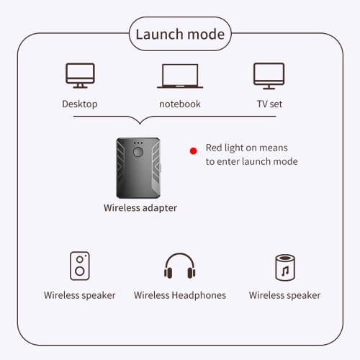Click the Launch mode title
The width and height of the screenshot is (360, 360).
tap(180, 34)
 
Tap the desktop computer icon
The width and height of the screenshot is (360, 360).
tap(80, 76)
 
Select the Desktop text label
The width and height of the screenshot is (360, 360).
tap(80, 104)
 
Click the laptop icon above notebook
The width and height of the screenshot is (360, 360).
tap(180, 76)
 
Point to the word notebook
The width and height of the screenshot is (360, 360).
tap(180, 104)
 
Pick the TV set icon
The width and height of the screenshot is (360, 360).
tap(269, 76)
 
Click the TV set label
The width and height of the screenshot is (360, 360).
tap(269, 104)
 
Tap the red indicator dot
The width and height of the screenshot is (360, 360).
tap(193, 151)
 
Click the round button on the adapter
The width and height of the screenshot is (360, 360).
tap(138, 152)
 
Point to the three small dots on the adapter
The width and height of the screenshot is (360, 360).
tap(138, 143)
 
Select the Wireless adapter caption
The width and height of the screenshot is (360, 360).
tap(140, 208)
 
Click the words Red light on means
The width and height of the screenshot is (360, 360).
tap(247, 148)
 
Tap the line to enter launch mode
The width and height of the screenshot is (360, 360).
tap(252, 161)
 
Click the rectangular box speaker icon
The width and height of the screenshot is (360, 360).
tap(80, 266)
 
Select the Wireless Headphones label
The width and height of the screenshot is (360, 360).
tap(180, 295)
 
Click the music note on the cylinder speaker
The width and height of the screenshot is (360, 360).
tap(285, 271)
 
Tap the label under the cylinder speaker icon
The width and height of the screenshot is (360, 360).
tap(284, 295)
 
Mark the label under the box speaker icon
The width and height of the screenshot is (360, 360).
tap(80, 295)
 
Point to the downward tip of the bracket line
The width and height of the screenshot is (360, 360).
tap(140, 124)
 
